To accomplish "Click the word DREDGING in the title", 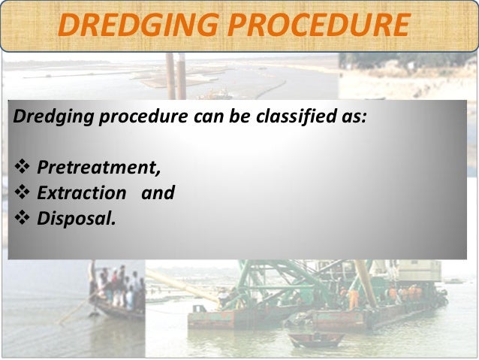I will point(135,26).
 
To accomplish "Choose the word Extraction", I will point(82,193).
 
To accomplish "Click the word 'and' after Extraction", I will point(158,193).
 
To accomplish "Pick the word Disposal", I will point(77,219).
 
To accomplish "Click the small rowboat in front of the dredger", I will point(315,340).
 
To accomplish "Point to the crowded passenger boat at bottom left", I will point(116,293).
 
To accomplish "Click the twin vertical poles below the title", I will point(176,75).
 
